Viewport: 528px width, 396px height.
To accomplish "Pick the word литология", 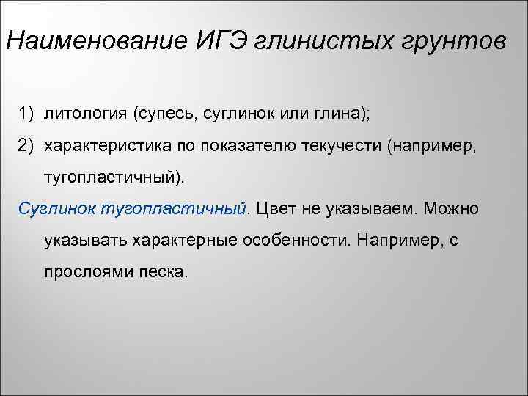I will [x=86, y=114].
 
